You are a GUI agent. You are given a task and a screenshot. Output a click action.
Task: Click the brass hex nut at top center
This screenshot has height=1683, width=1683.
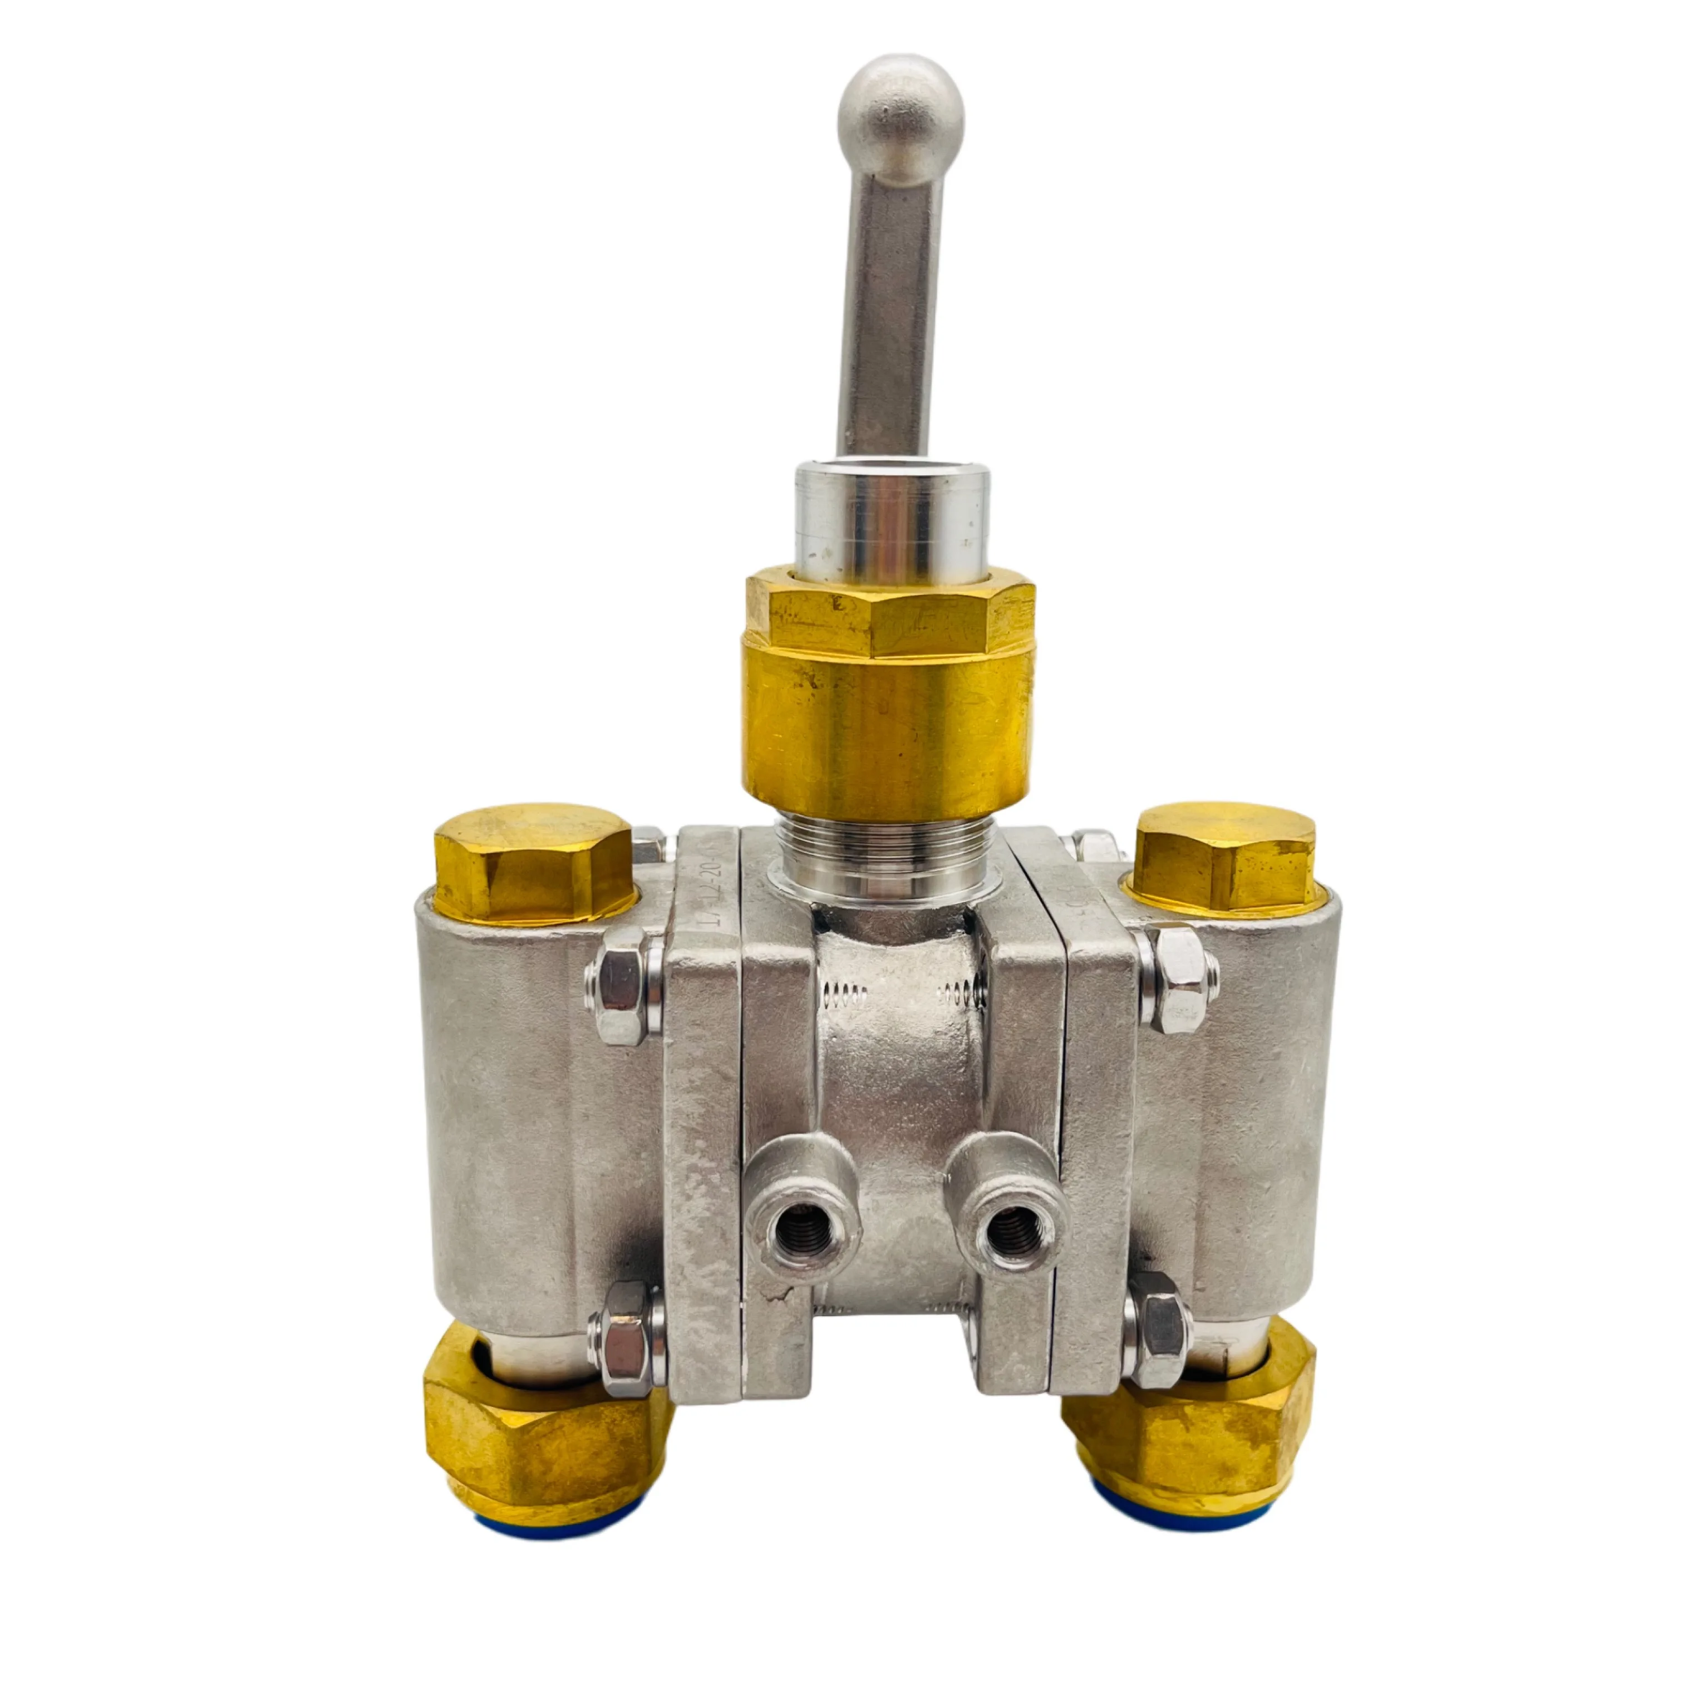(889, 614)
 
